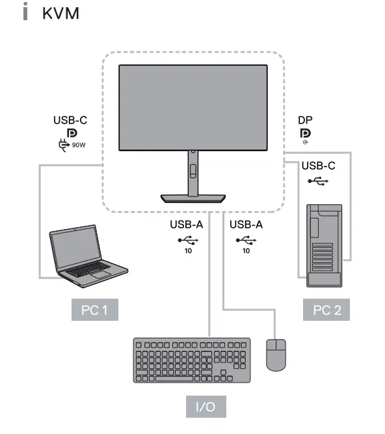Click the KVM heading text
[60, 14]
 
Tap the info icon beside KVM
[27, 14]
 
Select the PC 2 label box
[326, 310]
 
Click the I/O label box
[206, 408]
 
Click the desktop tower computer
[323, 245]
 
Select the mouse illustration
[276, 355]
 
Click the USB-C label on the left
[70, 120]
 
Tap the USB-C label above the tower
[318, 165]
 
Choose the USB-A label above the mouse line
[246, 225]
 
